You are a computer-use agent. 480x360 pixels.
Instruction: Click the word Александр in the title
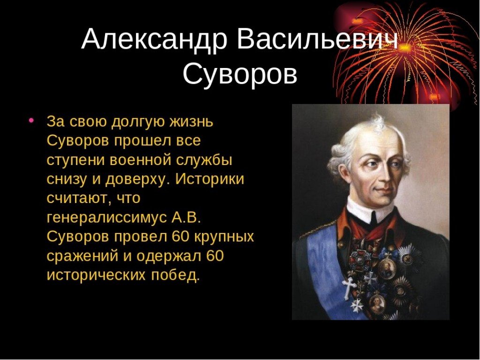[155, 39]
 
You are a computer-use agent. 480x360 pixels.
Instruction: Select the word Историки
[210, 180]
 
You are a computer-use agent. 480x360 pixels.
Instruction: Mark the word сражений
[82, 256]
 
